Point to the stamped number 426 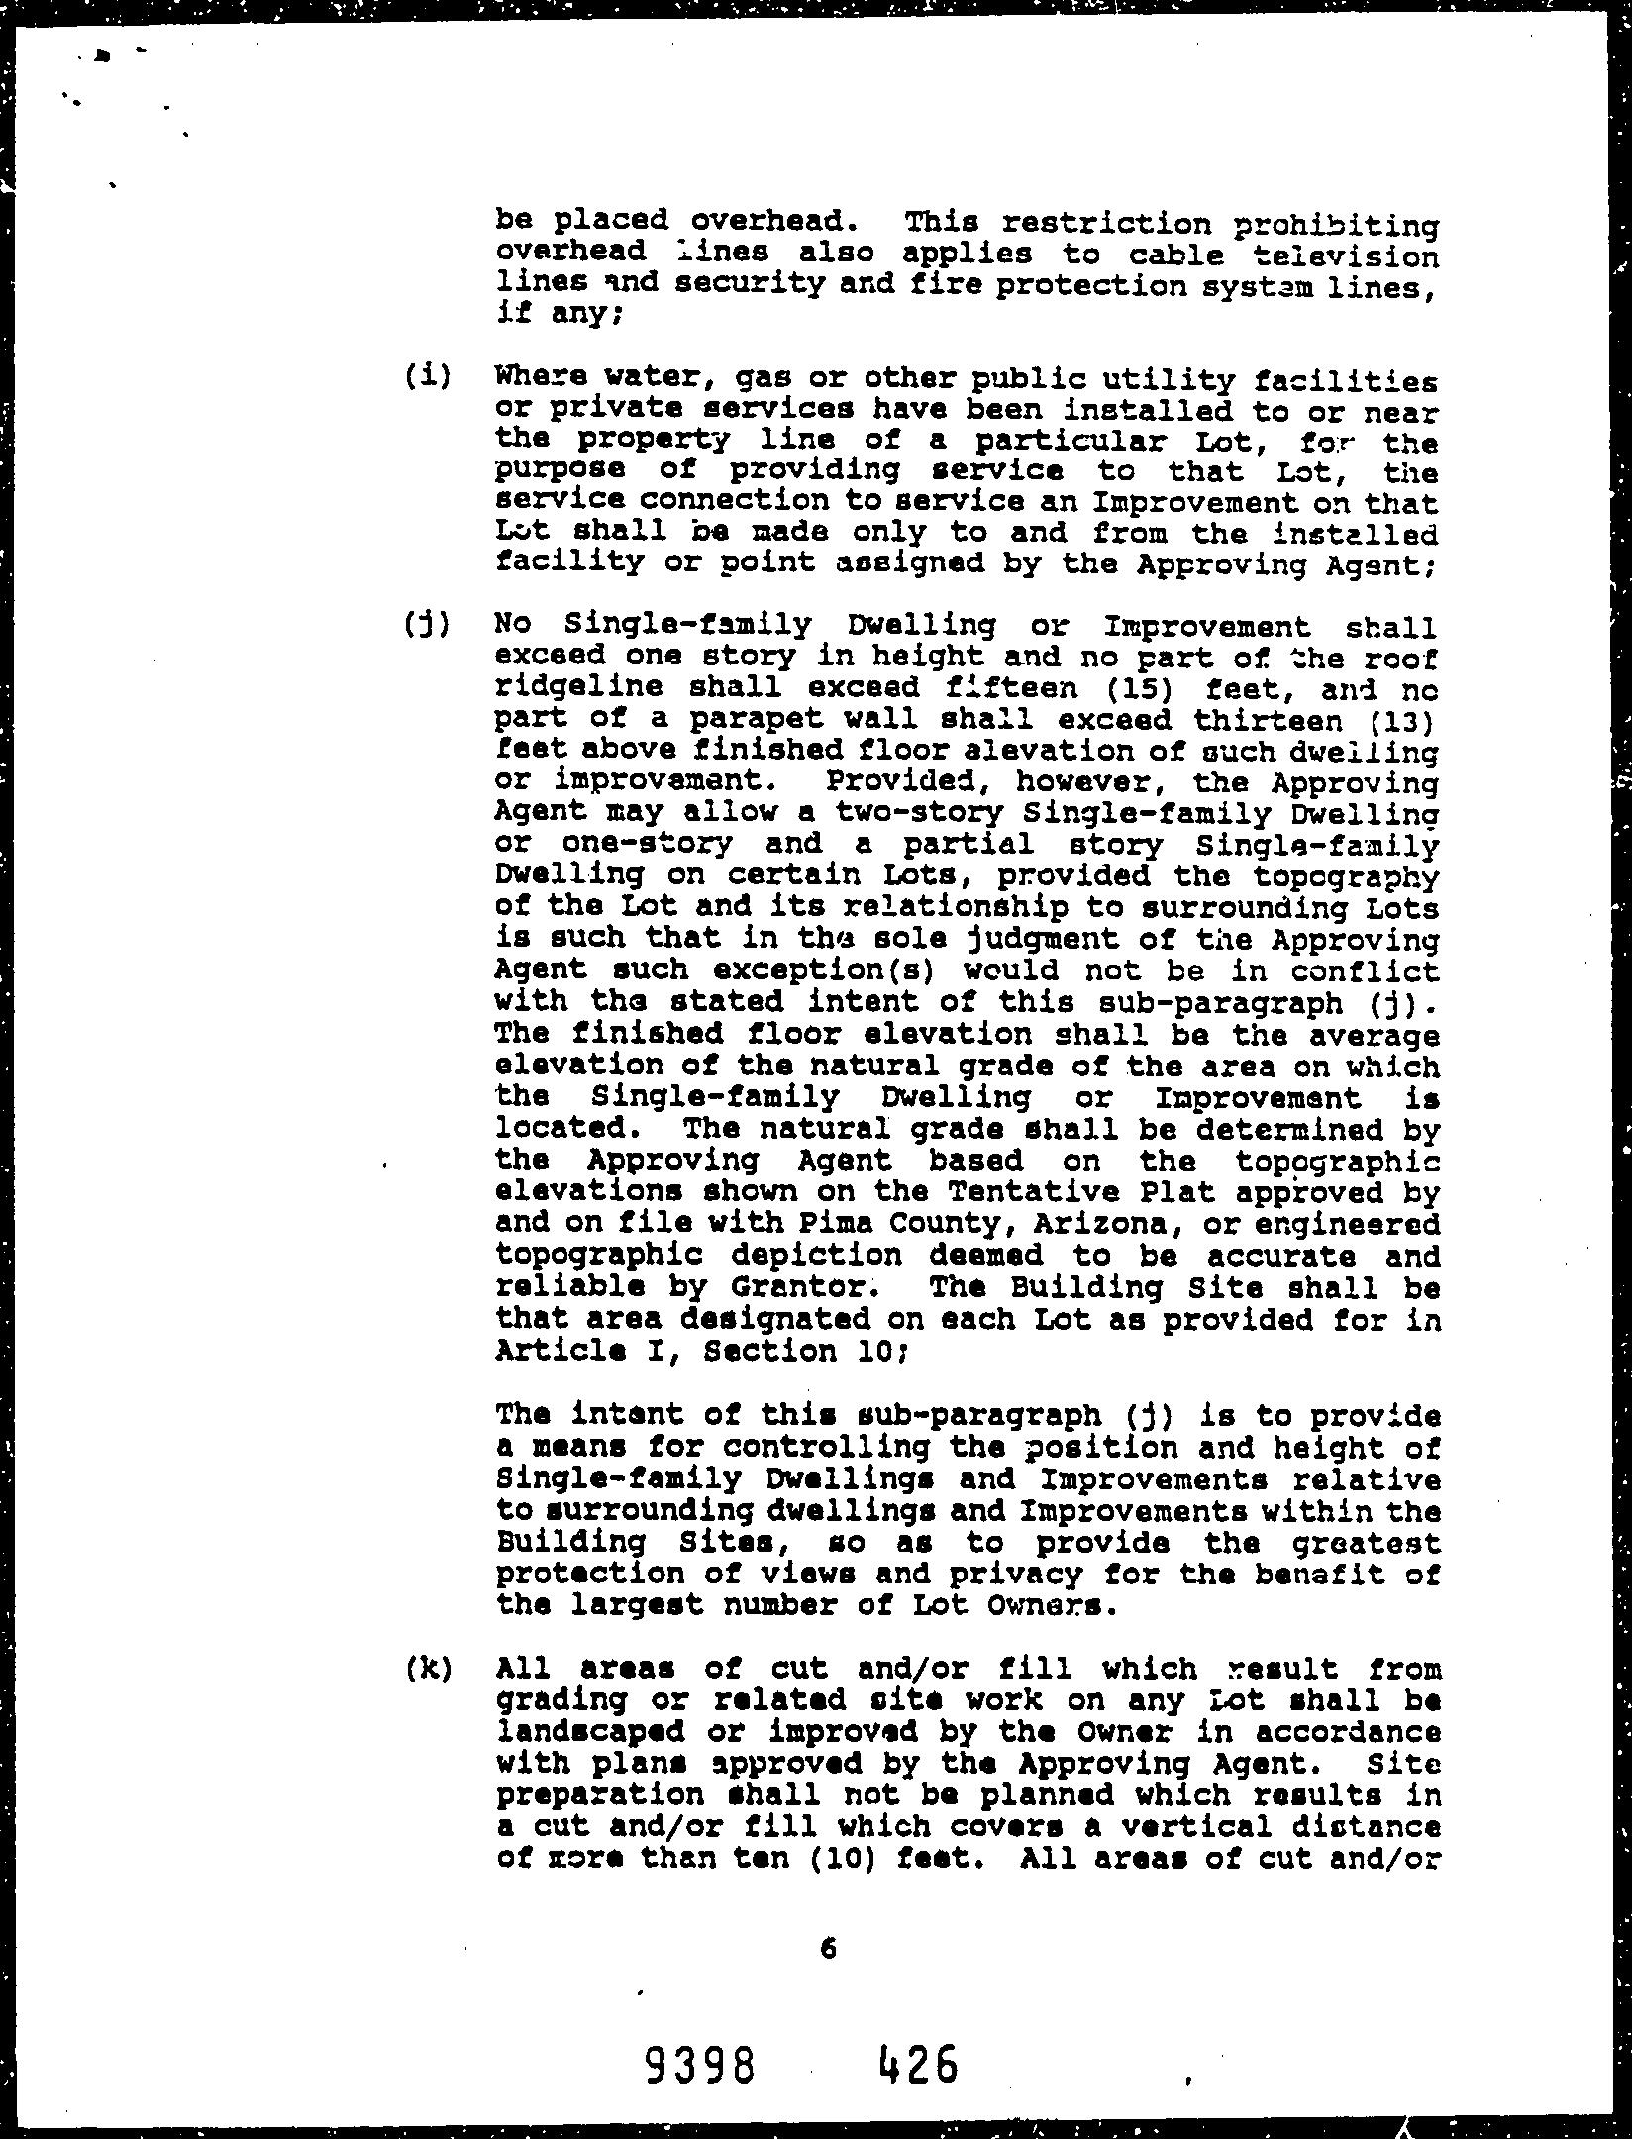[x=918, y=2065]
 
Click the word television [x=1346, y=257]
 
